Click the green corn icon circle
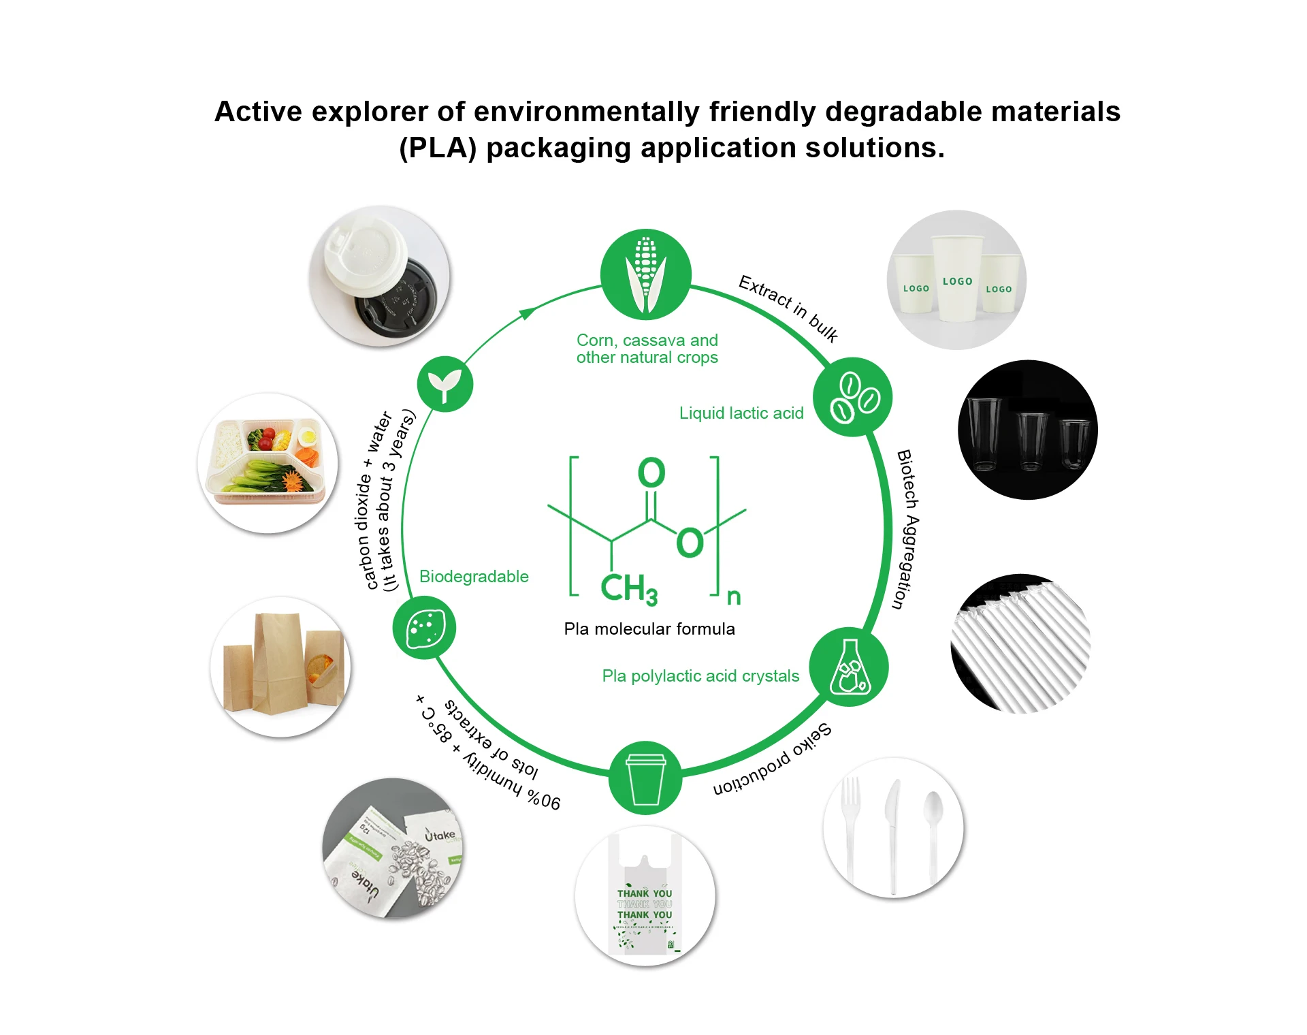point(645,274)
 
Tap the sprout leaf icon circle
point(445,384)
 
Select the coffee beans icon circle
point(853,397)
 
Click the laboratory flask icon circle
point(849,667)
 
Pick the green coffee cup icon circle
point(645,778)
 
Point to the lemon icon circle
point(424,627)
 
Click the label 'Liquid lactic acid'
point(741,413)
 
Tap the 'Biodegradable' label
point(474,577)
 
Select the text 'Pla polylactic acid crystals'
point(700,676)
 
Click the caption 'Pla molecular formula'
point(649,629)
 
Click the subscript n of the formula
point(733,597)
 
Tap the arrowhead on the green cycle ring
point(527,313)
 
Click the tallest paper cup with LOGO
point(957,279)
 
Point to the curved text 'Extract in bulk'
point(788,308)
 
